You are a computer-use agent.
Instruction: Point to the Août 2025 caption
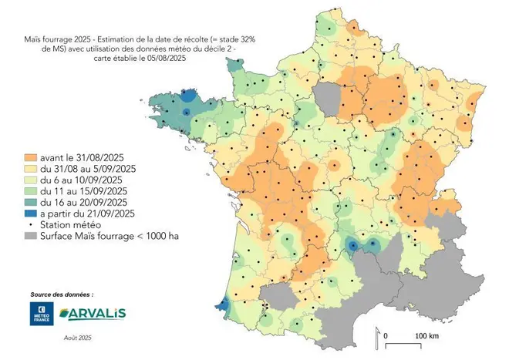(76, 337)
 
